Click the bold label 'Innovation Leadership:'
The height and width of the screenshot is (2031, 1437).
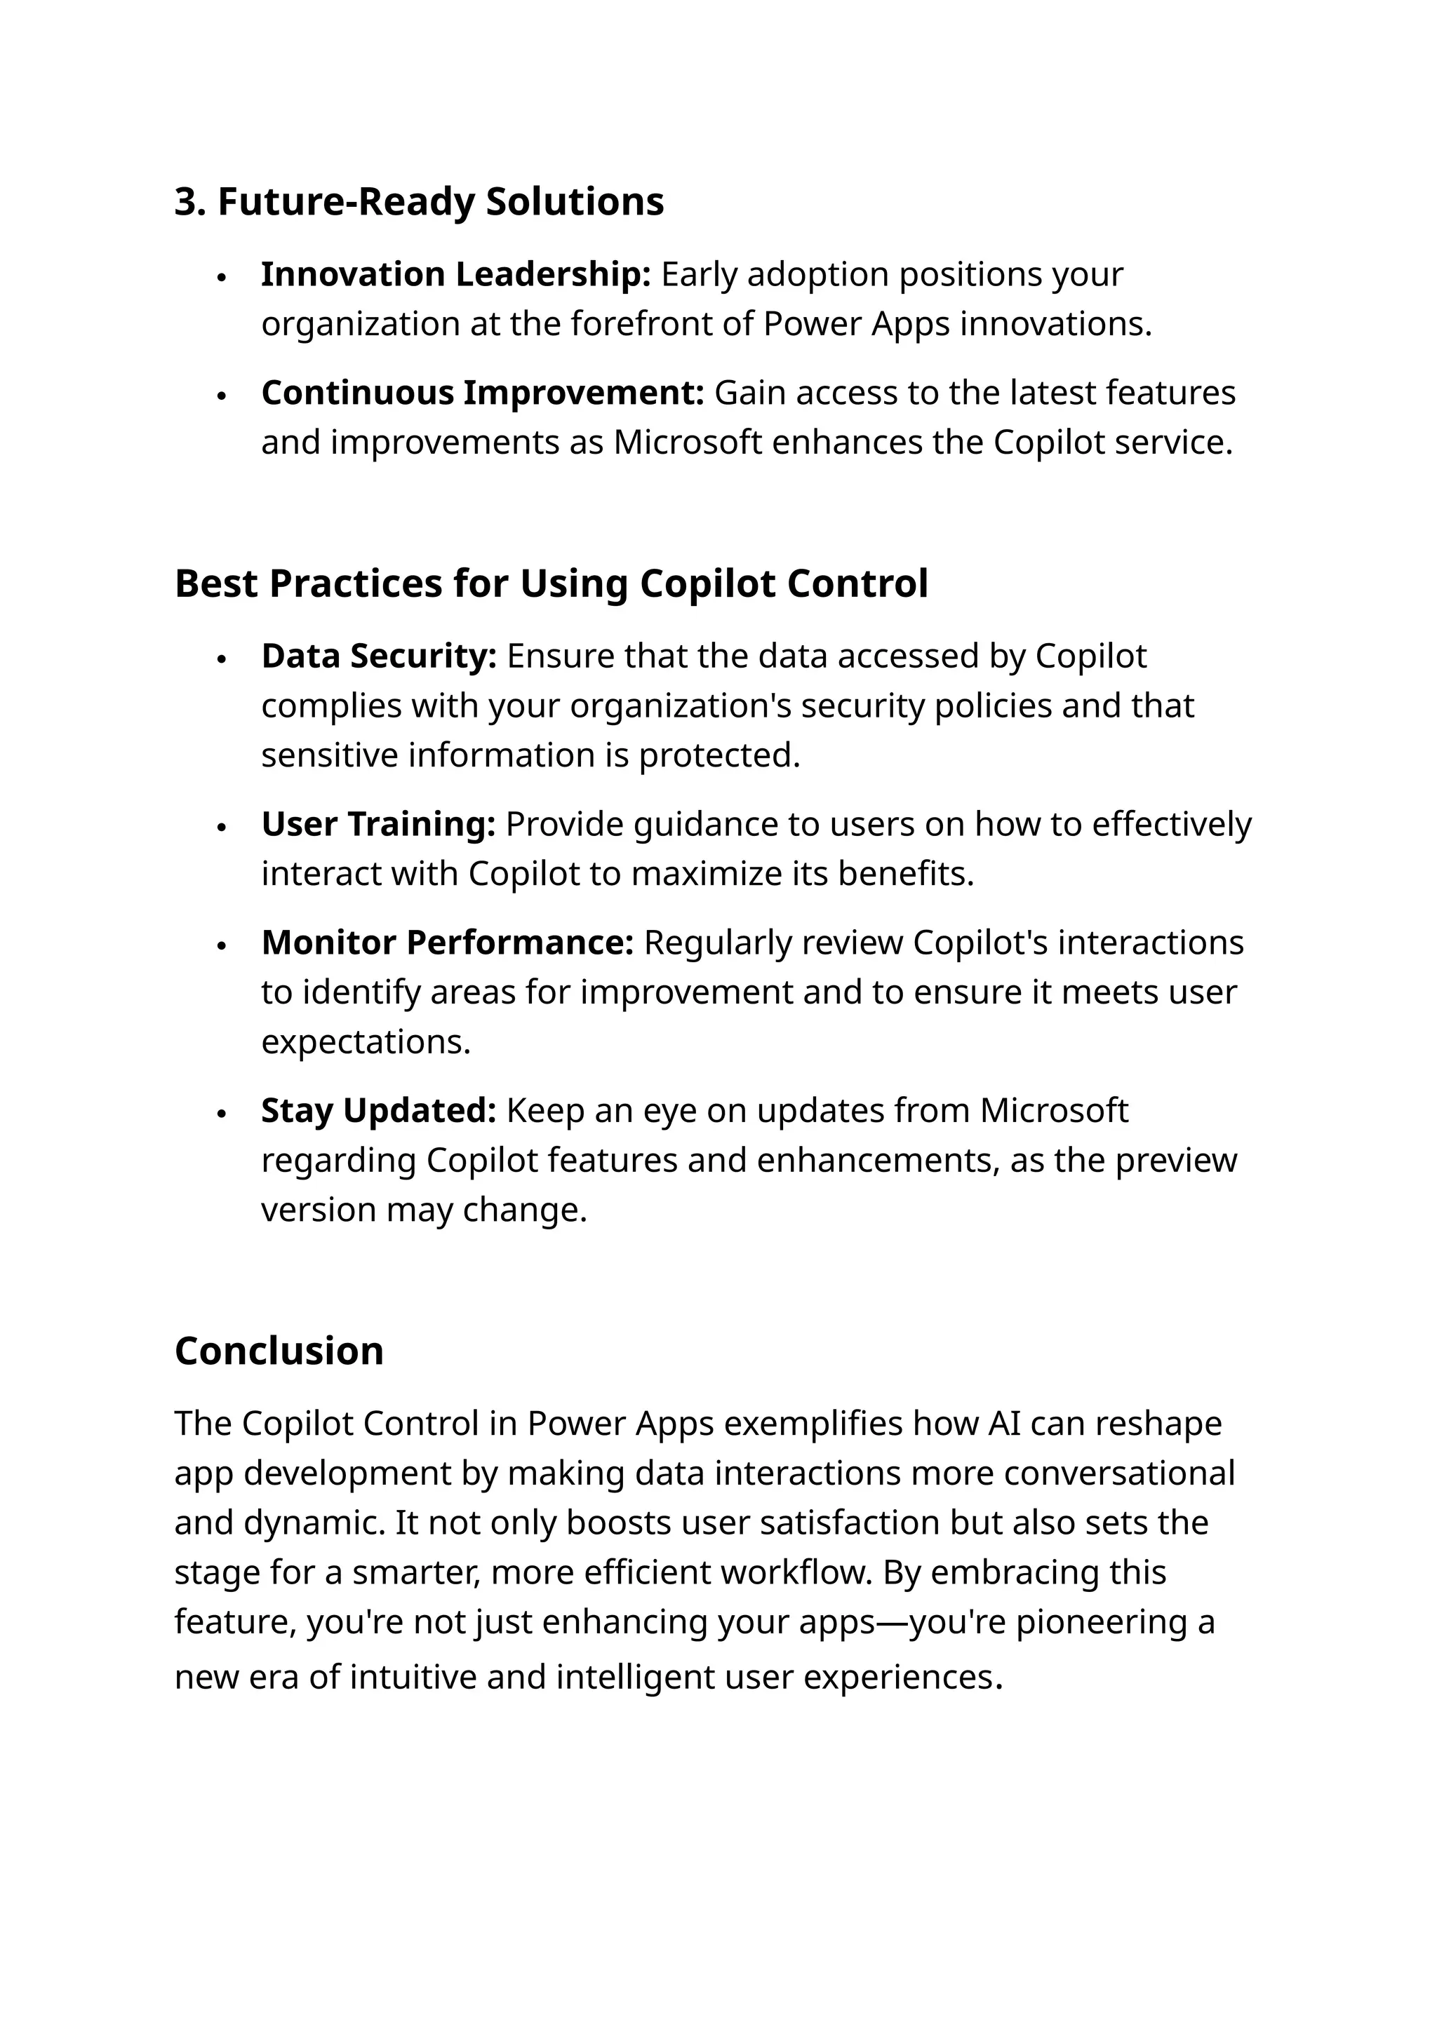pos(455,274)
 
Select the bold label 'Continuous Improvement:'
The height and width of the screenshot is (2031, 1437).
pos(482,393)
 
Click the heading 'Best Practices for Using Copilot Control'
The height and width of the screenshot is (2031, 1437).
pos(552,583)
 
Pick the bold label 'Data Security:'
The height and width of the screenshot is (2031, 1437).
pos(379,656)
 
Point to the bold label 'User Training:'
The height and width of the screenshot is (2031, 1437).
pos(377,825)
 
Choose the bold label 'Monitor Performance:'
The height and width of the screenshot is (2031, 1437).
pos(447,943)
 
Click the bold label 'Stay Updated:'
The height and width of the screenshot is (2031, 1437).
pos(379,1111)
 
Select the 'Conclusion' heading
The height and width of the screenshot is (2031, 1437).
pos(279,1351)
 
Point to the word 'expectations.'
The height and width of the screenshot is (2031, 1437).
pos(366,1042)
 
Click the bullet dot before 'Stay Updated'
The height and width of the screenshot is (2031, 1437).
pos(222,1114)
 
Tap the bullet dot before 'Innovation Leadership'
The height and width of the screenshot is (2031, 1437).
pos(222,277)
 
